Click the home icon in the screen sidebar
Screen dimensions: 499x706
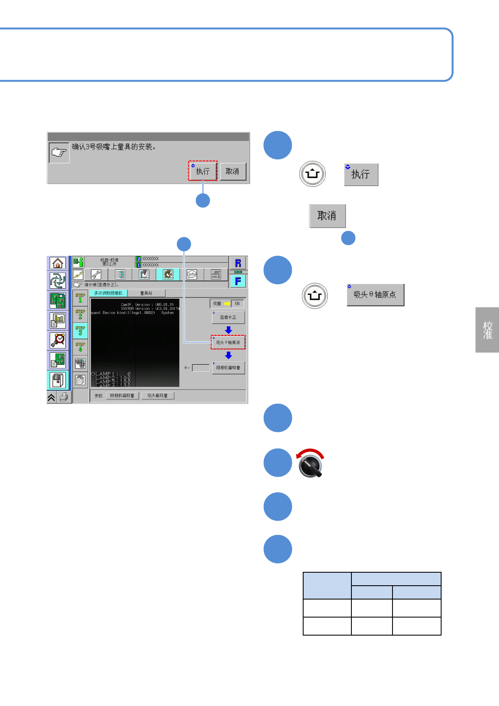tap(57, 263)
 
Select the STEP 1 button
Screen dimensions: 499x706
tap(80, 298)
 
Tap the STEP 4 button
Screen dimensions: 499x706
tap(80, 347)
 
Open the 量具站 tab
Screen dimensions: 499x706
tap(146, 293)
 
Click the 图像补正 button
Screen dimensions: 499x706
tap(228, 317)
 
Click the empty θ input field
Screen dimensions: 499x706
tap(200, 368)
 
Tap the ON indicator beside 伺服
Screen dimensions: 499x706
tap(237, 304)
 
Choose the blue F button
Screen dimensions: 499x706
tap(238, 281)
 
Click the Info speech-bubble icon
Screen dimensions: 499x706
tap(192, 275)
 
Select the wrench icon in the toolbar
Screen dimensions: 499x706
tap(96, 275)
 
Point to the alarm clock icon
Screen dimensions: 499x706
tap(57, 340)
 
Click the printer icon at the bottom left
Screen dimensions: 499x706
tap(64, 397)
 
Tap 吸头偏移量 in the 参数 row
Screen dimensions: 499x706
tap(158, 396)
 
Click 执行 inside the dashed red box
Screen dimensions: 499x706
tap(203, 171)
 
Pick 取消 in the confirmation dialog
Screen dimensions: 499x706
tap(232, 171)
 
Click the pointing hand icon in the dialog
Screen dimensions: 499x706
tap(59, 153)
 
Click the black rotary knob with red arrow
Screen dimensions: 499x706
tap(311, 465)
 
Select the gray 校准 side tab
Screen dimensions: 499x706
tap(487, 330)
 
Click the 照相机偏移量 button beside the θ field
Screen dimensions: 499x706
tap(228, 368)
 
